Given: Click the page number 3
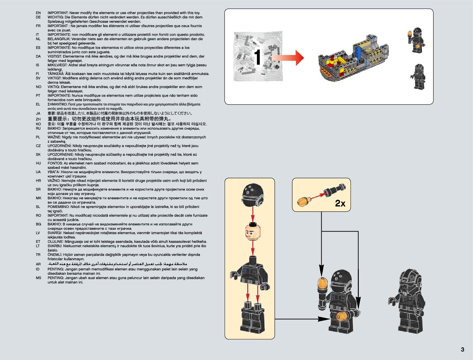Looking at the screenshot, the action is [462, 349].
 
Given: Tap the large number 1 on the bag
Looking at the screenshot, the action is [257, 57].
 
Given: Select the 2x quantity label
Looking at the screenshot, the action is [340, 203].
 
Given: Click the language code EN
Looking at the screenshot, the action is [38, 13].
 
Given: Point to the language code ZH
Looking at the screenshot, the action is [38, 119].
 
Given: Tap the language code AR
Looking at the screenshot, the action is [38, 264].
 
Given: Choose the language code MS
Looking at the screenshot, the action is [38, 278].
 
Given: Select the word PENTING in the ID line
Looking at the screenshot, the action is [55, 269].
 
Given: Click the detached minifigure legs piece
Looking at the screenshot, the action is [252, 317].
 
